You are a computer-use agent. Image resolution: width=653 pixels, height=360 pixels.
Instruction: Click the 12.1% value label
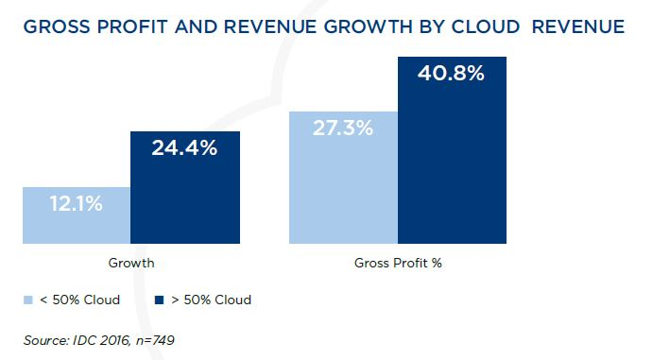pos(77,203)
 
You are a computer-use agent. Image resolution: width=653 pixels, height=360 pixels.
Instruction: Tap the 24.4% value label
pos(184,147)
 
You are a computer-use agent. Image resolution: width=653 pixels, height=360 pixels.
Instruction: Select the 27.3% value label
pos(343,128)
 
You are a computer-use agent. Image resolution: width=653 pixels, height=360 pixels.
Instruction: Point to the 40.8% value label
pos(451,74)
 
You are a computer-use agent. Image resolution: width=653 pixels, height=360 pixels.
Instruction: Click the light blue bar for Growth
pos(77,215)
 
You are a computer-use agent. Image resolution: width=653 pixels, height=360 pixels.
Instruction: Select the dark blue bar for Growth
pos(185,187)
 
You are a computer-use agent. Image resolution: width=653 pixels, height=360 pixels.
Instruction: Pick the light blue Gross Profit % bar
pos(344,178)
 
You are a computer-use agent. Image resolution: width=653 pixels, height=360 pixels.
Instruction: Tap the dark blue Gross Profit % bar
pos(453,150)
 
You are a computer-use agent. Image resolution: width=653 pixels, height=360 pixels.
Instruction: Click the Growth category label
pos(131,263)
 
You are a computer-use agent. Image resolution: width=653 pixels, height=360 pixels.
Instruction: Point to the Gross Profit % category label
pos(398,263)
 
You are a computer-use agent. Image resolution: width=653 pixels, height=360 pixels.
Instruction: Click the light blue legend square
pos(28,300)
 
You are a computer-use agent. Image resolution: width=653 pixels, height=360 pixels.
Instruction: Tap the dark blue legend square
pos(159,300)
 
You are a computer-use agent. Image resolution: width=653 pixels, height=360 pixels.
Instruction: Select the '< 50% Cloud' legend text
pos(79,300)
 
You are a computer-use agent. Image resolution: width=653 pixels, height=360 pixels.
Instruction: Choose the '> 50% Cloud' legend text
pos(211,300)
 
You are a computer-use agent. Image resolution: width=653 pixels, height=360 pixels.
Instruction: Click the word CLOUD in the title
pos(486,27)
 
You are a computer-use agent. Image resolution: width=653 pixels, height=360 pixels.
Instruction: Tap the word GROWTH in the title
pos(369,27)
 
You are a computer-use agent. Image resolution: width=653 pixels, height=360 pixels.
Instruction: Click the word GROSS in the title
pos(57,27)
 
